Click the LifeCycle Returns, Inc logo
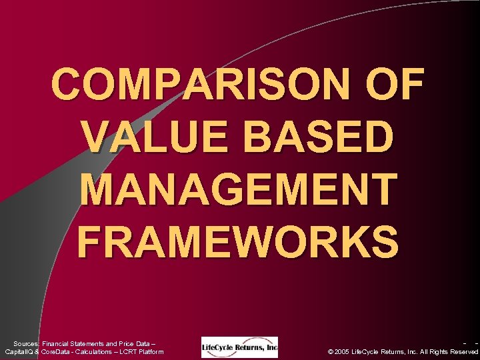point(239,347)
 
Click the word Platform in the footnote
point(149,351)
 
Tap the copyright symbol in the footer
point(332,351)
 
